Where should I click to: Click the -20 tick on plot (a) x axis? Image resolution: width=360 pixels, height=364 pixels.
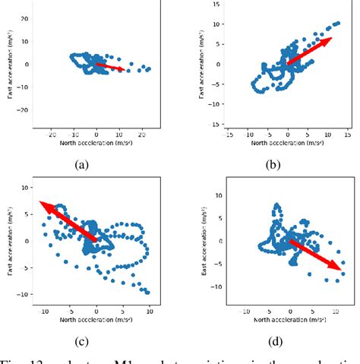[x=52, y=134]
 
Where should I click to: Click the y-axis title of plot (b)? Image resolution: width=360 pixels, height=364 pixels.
[x=202, y=65]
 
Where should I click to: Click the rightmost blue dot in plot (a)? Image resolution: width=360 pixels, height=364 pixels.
[x=149, y=69]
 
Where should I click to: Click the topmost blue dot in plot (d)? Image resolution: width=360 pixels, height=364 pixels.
[x=277, y=205]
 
